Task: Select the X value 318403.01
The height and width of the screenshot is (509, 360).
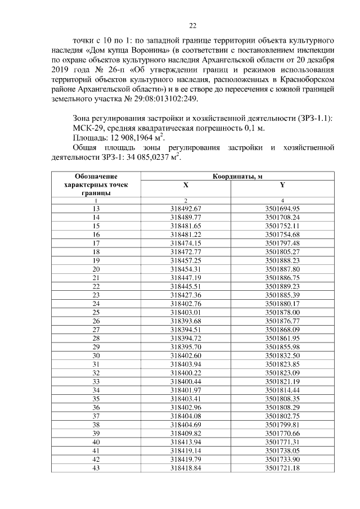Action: pos(186,312)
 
